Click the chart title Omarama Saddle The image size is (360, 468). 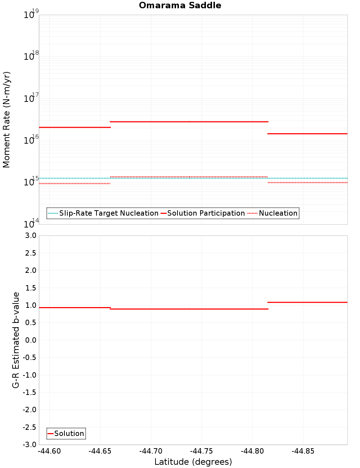[x=180, y=5]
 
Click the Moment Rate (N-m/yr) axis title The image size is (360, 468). [x=6, y=120]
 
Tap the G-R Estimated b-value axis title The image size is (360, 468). [x=16, y=340]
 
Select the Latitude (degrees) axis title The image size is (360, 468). [x=193, y=462]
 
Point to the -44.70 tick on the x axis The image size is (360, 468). [x=151, y=451]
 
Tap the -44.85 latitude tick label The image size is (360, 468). [x=303, y=451]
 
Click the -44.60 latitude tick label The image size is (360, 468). [x=50, y=451]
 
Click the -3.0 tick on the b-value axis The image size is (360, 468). [x=29, y=445]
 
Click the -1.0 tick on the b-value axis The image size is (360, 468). [x=29, y=375]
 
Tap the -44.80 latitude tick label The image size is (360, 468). [x=252, y=451]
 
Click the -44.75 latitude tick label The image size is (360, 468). [x=202, y=451]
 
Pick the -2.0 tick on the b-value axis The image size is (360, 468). [x=29, y=410]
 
